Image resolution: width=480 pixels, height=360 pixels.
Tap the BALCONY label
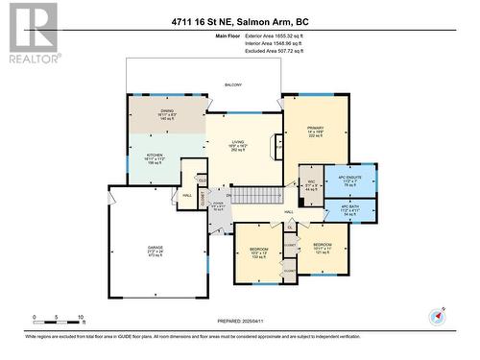click(233, 85)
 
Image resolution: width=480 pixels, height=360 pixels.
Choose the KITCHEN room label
click(154, 156)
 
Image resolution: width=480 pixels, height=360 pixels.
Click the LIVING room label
click(240, 145)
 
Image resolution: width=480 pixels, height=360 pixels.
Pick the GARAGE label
click(155, 252)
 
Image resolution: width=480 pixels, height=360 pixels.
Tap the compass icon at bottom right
click(439, 315)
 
